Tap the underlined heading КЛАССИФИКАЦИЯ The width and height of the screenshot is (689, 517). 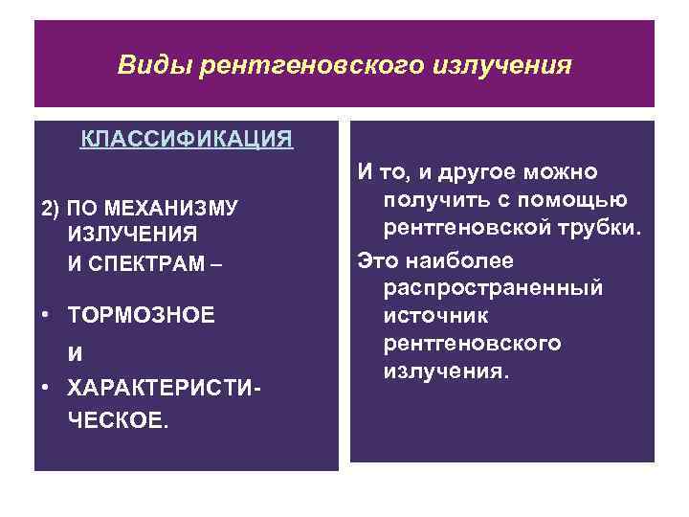187,140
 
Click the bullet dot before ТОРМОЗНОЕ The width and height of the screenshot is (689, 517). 45,314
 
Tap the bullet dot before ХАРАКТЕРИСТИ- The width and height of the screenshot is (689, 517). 45,389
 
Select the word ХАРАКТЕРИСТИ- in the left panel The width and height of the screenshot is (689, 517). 164,389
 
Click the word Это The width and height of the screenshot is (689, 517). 377,258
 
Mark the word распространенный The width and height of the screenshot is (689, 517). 493,287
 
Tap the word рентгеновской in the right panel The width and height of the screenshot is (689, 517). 464,229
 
